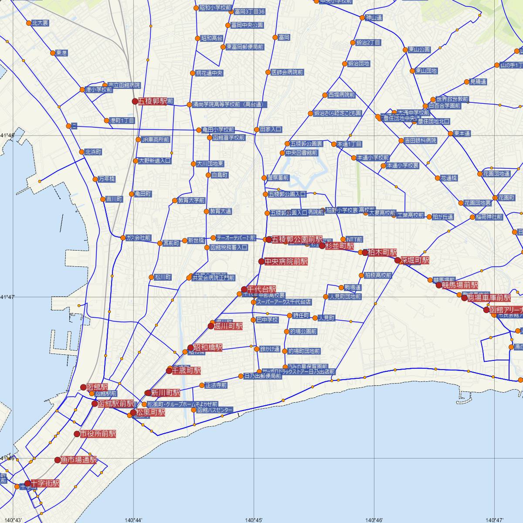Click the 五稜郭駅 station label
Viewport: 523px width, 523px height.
click(x=153, y=102)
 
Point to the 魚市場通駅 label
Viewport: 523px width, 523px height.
click(x=78, y=460)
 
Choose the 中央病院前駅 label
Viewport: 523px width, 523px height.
click(x=286, y=261)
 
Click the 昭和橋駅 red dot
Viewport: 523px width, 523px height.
click(x=190, y=348)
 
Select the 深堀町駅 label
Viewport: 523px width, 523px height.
click(x=414, y=261)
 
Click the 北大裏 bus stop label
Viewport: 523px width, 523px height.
click(x=40, y=23)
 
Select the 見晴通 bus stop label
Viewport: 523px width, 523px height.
click(x=478, y=82)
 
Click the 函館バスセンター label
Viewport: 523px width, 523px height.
click(x=215, y=410)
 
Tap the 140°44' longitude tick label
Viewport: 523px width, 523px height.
click(x=133, y=520)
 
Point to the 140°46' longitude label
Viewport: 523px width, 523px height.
click(x=374, y=520)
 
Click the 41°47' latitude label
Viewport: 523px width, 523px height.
click(x=7, y=297)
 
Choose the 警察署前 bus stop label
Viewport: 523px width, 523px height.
click(x=278, y=178)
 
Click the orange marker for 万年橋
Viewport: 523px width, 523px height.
click(x=95, y=179)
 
